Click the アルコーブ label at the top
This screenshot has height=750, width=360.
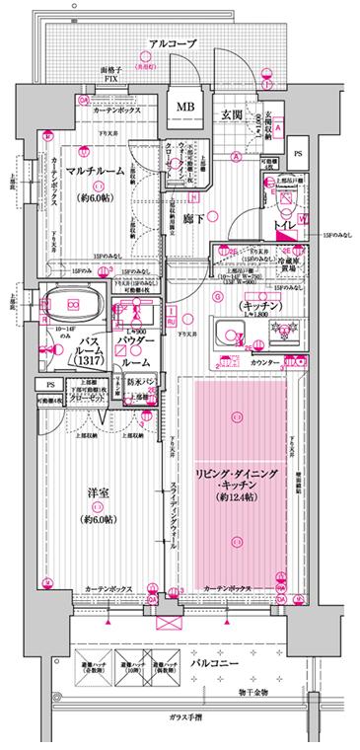click(174, 44)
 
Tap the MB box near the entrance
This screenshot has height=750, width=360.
click(184, 107)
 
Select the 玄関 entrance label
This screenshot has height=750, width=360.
click(230, 115)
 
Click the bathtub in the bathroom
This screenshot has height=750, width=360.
click(75, 307)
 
